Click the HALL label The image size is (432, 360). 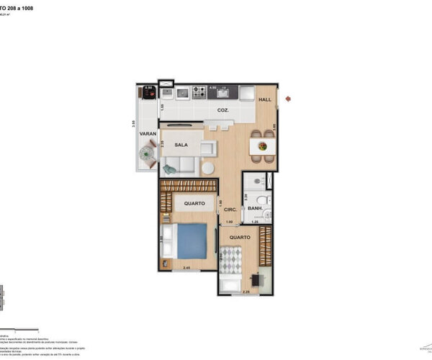(264, 100)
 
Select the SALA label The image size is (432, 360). (181, 145)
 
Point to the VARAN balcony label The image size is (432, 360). (148, 133)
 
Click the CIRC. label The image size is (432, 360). (230, 210)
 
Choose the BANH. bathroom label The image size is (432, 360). (254, 209)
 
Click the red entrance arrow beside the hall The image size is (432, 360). (287, 99)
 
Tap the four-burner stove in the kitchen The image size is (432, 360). (198, 92)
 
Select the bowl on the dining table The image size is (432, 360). (262, 147)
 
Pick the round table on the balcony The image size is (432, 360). (148, 153)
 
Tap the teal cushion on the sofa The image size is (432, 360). (170, 169)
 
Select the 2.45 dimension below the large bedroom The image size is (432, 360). (186, 269)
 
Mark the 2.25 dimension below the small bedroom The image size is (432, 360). (246, 292)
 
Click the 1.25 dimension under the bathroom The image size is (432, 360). (254, 222)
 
